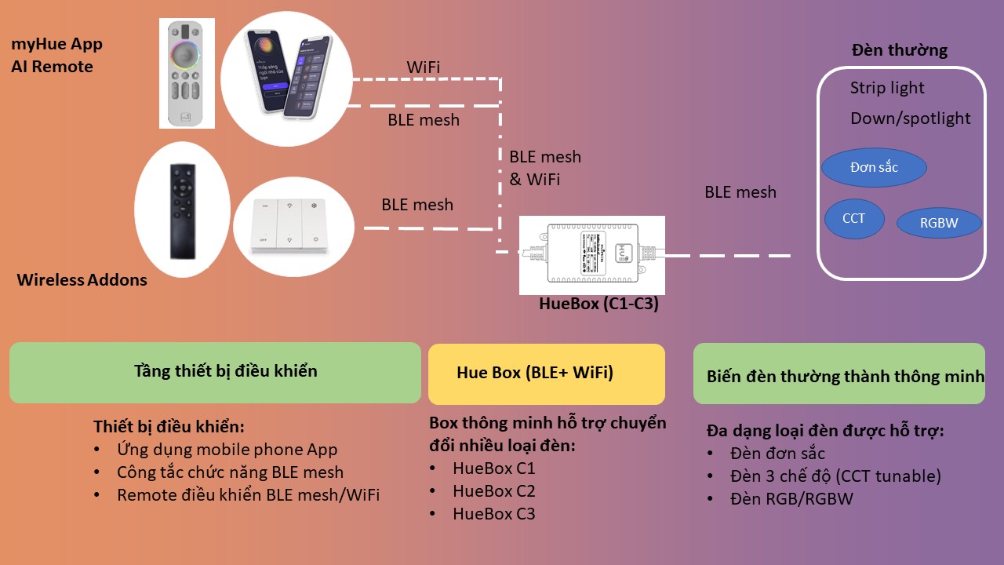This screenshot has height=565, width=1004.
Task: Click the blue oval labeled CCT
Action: [854, 218]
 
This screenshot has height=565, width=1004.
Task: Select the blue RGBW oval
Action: [938, 223]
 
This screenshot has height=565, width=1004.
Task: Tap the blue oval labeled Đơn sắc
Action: [874, 167]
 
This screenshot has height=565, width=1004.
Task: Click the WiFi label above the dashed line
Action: [423, 67]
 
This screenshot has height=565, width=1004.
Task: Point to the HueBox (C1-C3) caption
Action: [598, 304]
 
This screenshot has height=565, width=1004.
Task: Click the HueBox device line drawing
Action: [591, 254]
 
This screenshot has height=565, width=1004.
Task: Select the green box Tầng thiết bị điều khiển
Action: [215, 372]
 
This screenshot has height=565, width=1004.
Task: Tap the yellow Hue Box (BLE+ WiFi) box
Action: [546, 373]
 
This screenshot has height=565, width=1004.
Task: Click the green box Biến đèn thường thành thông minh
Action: [839, 374]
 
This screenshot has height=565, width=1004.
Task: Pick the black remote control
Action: [182, 211]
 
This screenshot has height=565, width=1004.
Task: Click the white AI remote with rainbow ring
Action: [187, 73]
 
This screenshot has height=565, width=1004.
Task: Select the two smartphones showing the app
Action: [282, 75]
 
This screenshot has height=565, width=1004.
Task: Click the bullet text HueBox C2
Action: [493, 491]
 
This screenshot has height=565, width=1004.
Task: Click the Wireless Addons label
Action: [82, 279]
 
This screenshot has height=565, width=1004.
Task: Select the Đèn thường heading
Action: [899, 50]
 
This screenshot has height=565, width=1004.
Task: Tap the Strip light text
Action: [887, 88]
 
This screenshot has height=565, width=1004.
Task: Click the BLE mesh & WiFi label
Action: [545, 168]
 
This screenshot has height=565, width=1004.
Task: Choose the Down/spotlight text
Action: [910, 118]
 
